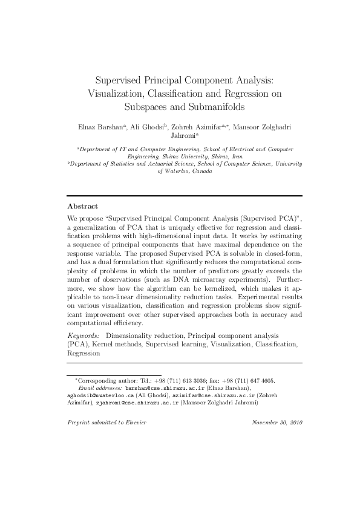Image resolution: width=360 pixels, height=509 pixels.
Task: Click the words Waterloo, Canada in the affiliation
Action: tap(185, 171)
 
